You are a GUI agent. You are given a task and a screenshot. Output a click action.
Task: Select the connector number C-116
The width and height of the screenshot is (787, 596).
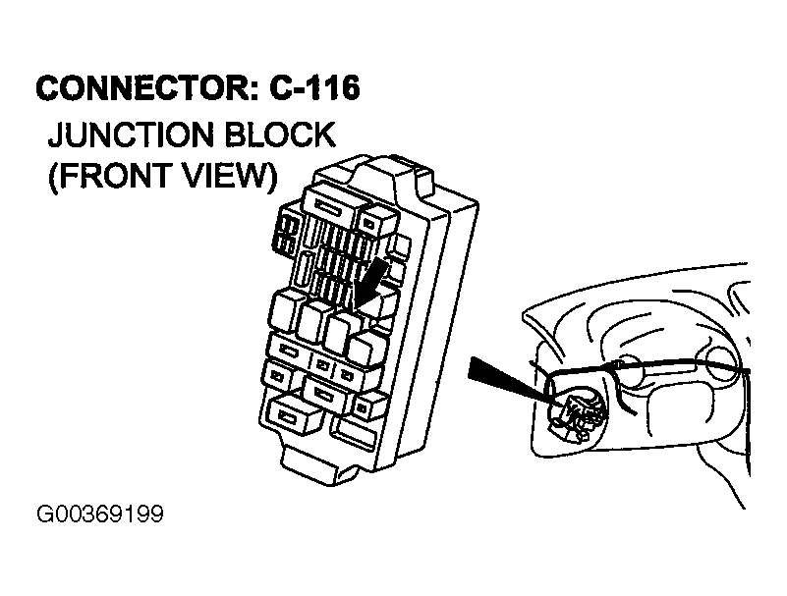[314, 88]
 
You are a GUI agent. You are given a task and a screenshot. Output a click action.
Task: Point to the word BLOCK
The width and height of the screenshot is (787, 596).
[279, 135]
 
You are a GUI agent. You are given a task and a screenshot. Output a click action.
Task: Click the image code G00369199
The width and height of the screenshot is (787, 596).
[100, 515]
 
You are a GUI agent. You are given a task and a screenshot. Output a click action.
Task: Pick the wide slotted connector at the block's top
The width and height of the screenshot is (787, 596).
[330, 205]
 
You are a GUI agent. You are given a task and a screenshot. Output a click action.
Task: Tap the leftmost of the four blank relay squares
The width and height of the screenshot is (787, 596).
[285, 312]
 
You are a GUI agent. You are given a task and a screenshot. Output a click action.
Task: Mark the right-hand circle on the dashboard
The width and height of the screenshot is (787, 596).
[723, 357]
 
